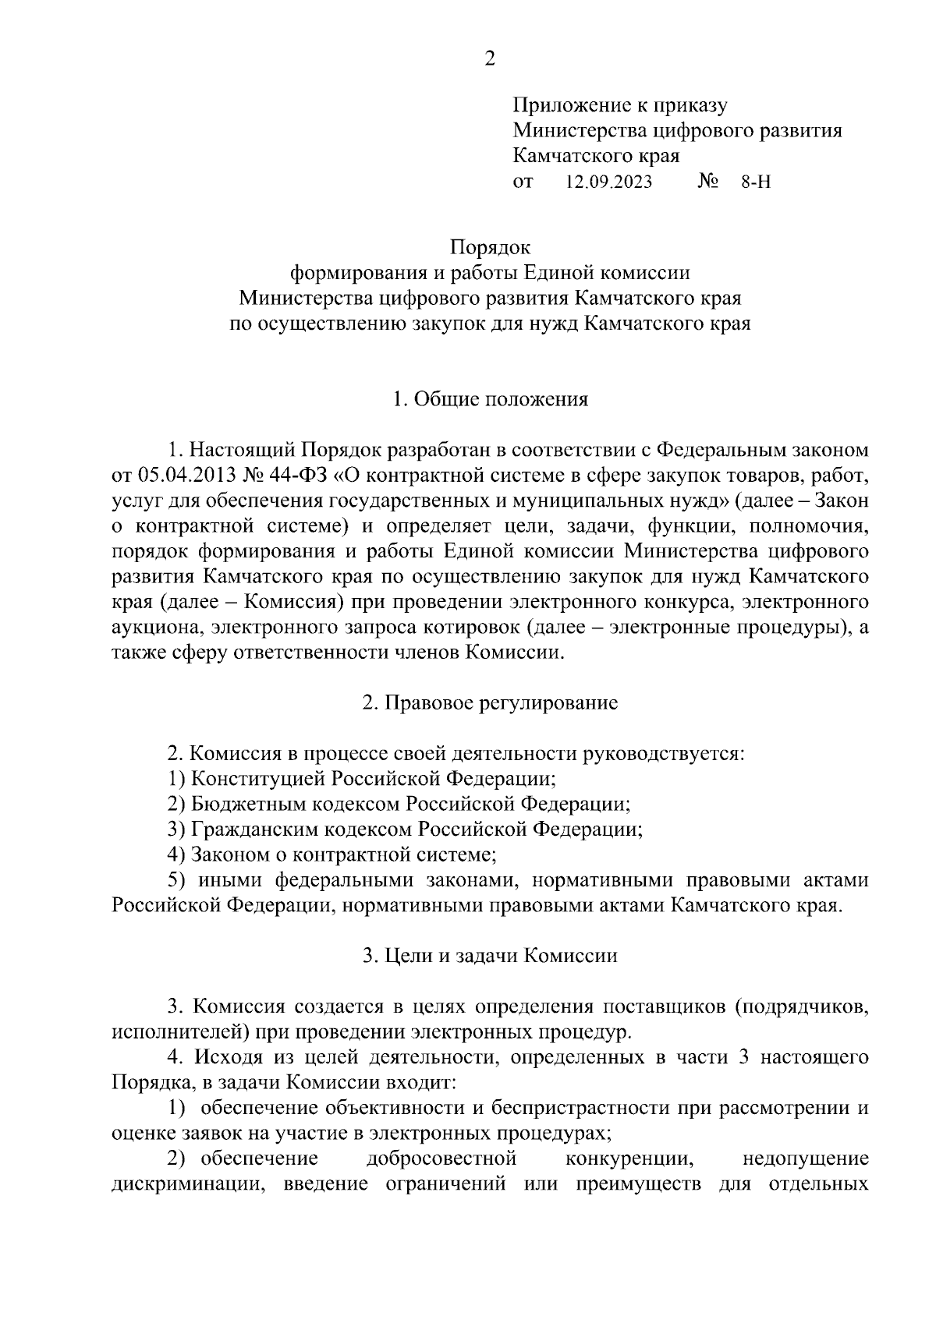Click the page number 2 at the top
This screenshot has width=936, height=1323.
coord(489,58)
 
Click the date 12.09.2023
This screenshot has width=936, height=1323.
coord(609,182)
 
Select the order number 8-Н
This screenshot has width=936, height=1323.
coord(755,182)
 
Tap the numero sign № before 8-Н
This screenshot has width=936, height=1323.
coord(707,182)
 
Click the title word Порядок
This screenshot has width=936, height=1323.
coord(490,248)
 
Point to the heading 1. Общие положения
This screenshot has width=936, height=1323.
coord(490,400)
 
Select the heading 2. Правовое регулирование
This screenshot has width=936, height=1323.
coord(490,703)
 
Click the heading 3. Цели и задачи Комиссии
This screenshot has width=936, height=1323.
coord(490,956)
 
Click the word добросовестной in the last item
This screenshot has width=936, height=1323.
coord(441,1159)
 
